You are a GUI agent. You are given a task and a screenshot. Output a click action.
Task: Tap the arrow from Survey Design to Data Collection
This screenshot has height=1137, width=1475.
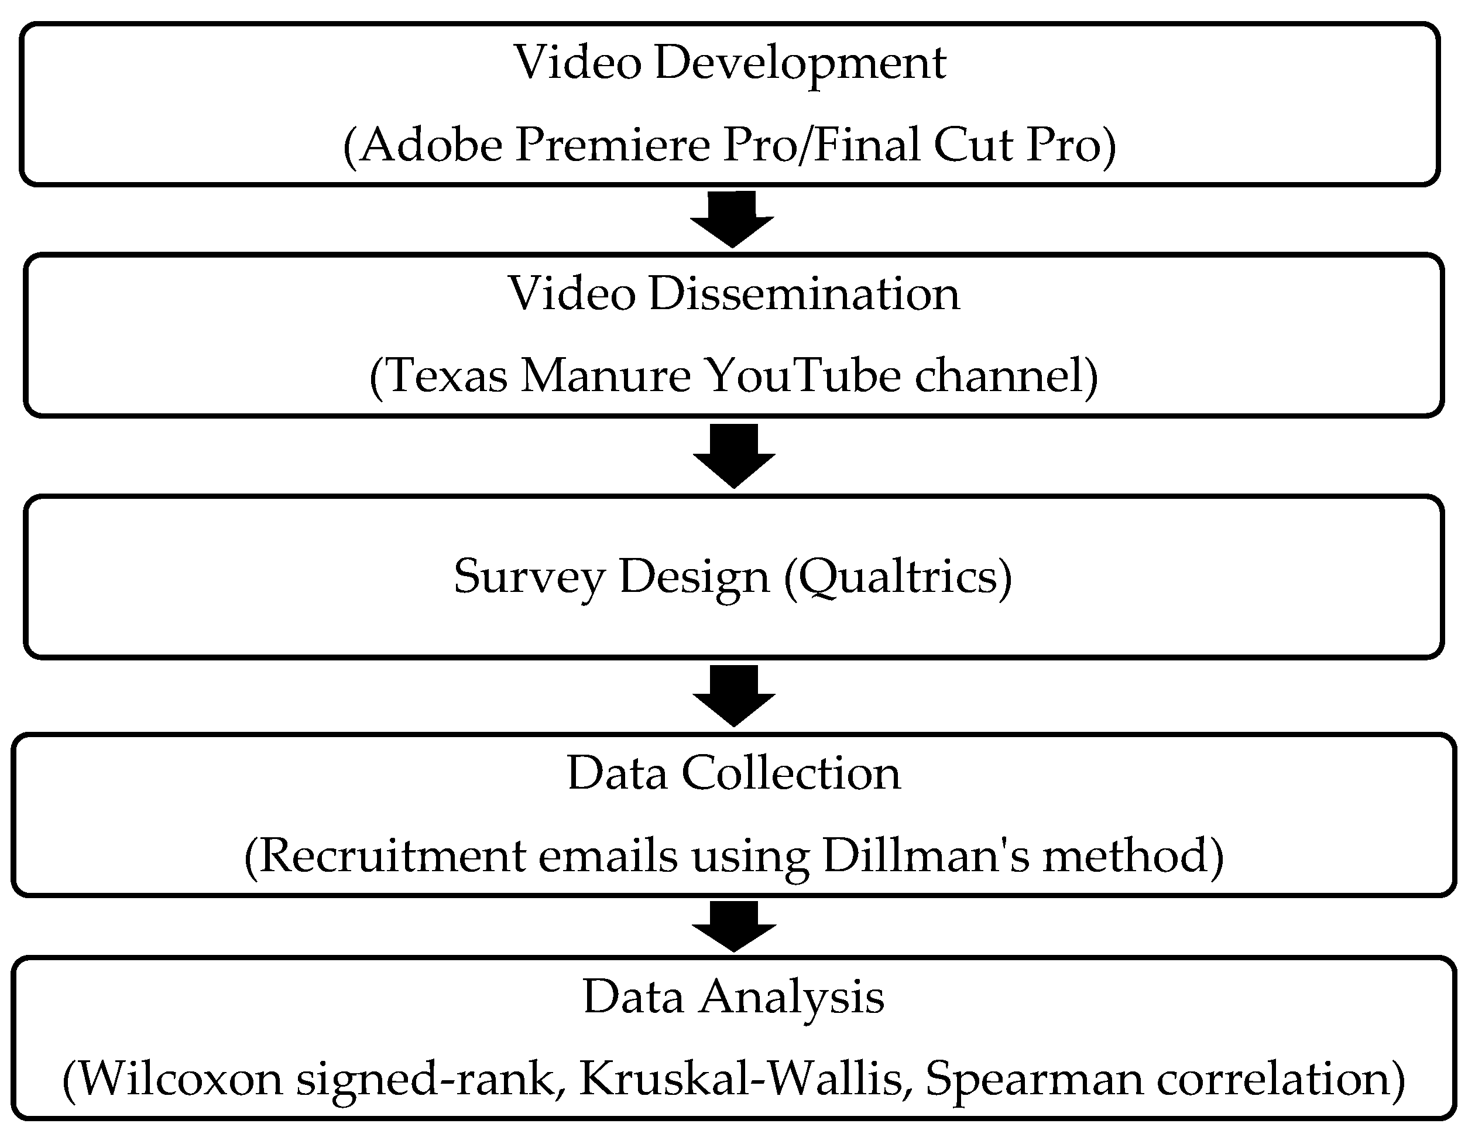733,694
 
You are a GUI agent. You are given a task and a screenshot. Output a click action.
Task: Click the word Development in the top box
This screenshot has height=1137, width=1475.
800,63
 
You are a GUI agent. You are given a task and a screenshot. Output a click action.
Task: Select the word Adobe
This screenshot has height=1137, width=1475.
432,145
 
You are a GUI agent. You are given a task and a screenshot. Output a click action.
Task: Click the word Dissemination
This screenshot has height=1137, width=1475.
804,294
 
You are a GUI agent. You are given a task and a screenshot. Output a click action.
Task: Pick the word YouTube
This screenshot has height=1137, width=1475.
804,376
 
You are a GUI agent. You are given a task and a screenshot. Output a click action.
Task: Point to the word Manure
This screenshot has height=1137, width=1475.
606,376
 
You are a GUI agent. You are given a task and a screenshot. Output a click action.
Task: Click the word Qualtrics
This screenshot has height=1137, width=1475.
898,577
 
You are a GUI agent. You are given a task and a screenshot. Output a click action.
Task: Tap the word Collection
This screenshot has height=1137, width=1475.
791,773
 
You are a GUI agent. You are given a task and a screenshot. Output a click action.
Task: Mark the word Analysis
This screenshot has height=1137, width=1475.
791,998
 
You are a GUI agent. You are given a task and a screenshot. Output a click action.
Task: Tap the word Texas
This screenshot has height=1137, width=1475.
447,376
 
